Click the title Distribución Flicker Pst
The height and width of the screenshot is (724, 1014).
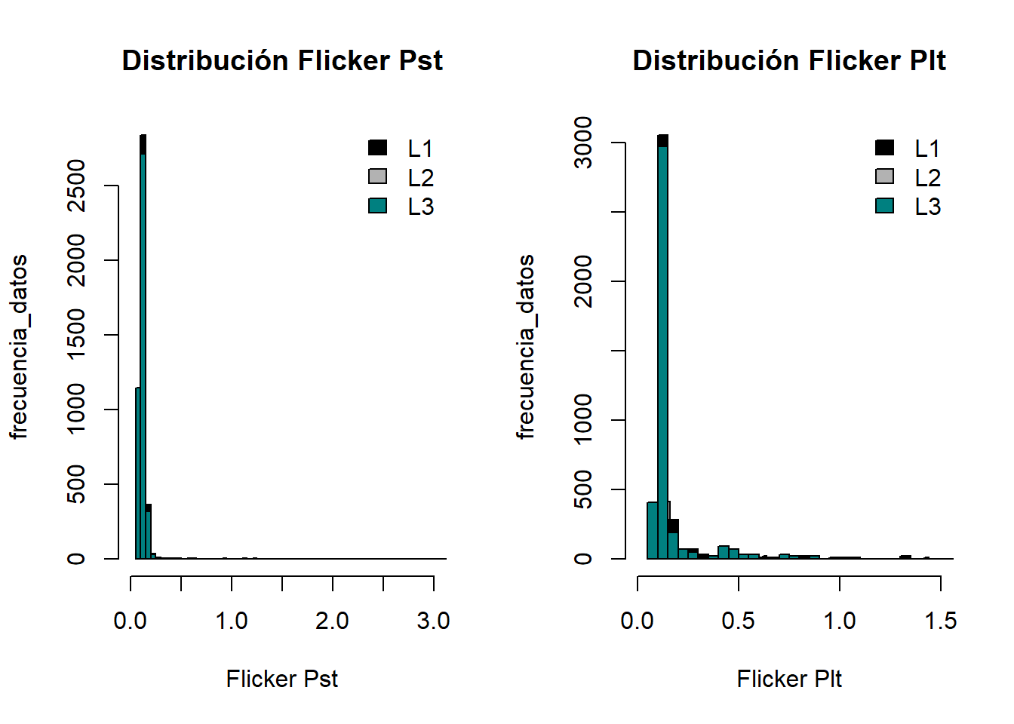click(x=282, y=60)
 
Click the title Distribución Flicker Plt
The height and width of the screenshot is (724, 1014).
click(x=788, y=60)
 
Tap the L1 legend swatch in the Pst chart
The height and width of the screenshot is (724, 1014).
click(x=378, y=148)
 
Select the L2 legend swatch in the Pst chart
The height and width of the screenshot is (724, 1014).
click(x=378, y=176)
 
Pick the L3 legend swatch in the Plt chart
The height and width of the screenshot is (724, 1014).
click(x=885, y=206)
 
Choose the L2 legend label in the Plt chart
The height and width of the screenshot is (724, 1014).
click(x=927, y=178)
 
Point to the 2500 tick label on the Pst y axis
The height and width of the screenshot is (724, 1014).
click(x=76, y=186)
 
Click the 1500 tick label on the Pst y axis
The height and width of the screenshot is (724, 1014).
click(x=76, y=335)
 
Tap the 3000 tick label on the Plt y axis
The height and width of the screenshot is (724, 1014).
click(x=583, y=143)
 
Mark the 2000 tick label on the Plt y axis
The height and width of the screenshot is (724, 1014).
click(x=583, y=281)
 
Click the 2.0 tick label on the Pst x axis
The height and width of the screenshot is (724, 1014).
click(x=332, y=621)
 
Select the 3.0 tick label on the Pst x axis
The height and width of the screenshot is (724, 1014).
click(x=433, y=621)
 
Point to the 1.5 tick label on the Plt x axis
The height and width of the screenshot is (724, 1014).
click(x=940, y=621)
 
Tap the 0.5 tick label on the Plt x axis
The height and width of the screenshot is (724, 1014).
click(x=738, y=621)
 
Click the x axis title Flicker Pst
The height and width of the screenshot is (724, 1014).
click(x=282, y=679)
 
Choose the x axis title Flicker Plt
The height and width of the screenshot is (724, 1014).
click(x=788, y=679)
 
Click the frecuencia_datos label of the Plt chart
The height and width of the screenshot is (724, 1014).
click(x=525, y=347)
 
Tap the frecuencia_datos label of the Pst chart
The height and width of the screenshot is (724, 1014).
click(x=18, y=347)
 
